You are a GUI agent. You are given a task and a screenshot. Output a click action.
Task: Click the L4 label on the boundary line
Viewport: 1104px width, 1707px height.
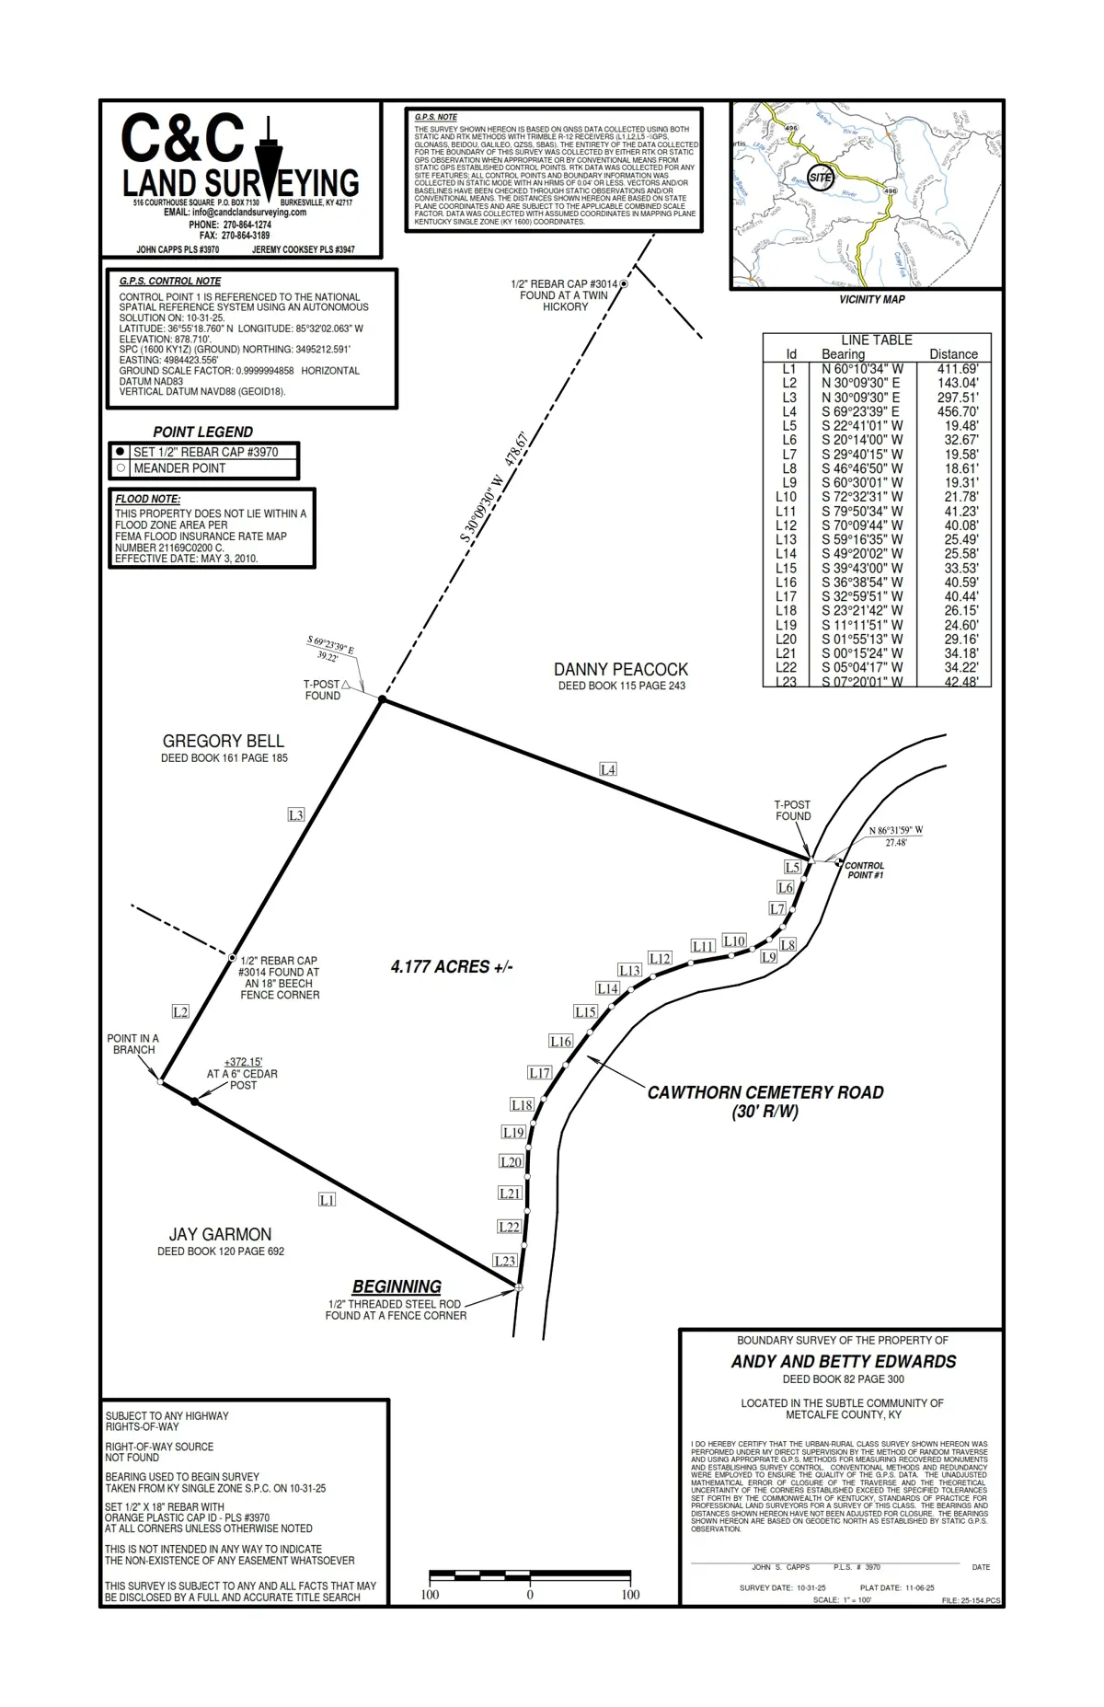(607, 769)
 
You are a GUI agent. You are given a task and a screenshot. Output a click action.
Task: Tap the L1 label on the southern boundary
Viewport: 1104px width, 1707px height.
(327, 1200)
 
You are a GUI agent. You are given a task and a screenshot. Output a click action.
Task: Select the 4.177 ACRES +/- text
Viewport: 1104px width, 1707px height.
(452, 967)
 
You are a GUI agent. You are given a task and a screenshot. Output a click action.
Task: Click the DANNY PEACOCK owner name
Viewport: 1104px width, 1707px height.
(621, 670)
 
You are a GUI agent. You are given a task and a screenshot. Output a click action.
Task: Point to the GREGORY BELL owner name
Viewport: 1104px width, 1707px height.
(224, 742)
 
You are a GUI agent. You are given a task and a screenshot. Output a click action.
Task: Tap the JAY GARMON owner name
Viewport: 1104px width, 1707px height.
(220, 1235)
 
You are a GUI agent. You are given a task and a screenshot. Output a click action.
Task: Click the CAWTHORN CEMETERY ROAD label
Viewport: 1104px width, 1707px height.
(765, 1093)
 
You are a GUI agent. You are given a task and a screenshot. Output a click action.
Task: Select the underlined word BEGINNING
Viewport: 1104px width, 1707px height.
(397, 1286)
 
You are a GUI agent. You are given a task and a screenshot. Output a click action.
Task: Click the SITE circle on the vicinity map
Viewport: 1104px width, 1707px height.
(821, 178)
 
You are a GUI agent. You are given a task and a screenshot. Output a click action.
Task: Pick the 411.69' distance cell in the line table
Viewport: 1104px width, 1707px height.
(958, 369)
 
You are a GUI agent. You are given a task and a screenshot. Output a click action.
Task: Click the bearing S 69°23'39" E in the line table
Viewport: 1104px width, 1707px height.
(860, 411)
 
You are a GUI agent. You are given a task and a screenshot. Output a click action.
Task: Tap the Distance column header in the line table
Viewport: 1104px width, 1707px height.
(953, 354)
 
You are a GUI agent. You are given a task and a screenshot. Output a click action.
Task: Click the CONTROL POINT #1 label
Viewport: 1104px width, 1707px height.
(865, 871)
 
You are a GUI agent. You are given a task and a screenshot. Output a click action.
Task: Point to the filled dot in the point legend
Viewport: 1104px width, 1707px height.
(121, 452)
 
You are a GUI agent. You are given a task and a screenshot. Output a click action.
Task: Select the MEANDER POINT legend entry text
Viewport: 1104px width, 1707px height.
(179, 468)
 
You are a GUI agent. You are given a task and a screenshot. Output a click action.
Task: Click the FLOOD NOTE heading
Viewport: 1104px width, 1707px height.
(147, 499)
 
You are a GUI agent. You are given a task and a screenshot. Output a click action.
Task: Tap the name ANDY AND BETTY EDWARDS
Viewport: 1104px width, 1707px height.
(844, 1362)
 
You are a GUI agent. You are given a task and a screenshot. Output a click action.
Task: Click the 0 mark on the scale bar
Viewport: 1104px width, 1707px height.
(530, 1595)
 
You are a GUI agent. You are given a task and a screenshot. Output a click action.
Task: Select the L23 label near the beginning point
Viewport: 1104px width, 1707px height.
(504, 1261)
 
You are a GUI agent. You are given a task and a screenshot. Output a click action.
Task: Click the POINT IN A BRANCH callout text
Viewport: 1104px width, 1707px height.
(133, 1044)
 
